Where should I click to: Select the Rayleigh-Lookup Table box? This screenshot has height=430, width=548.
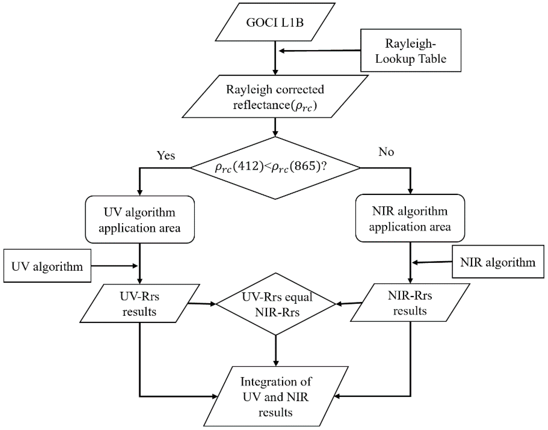pos(410,51)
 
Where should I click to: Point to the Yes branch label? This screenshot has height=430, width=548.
pos(166,155)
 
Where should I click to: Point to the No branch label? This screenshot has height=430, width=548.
pos(386,152)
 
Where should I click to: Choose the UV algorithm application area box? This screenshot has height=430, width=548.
pos(140,220)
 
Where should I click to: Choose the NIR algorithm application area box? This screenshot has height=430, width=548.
pos(410,218)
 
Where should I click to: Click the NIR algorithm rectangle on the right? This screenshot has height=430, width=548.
pos(498,262)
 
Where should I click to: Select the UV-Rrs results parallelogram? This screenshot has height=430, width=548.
pos(140,304)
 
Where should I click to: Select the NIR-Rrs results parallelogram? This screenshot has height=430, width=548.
pos(410,303)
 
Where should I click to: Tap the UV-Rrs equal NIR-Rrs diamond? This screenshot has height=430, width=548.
pos(276,304)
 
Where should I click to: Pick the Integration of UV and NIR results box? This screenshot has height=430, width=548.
pos(276,397)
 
